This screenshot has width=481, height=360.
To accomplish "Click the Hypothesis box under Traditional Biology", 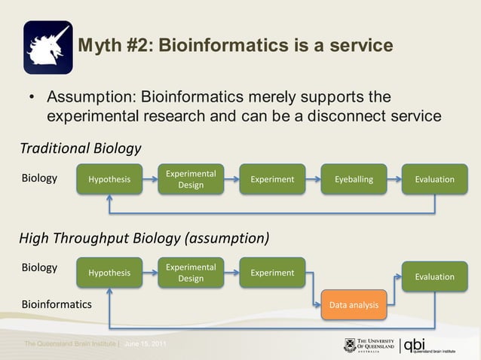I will point(109,179).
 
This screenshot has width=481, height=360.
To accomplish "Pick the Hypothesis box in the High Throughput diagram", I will point(109,273).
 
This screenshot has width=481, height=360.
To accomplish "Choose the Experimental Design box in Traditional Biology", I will point(191,179).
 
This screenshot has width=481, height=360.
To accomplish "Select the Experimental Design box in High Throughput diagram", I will point(191,273).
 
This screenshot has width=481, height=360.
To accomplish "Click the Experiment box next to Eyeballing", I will point(272,179).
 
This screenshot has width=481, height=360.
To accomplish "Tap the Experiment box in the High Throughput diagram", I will point(272,273).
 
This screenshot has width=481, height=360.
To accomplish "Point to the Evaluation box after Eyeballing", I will point(435,179).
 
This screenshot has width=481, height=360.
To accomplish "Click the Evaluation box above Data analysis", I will point(435,276).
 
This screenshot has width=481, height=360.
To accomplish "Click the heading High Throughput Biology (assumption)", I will point(144,239).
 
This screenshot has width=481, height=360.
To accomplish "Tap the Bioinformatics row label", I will point(56,305).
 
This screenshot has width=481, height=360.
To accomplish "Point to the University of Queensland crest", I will point(350,345).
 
